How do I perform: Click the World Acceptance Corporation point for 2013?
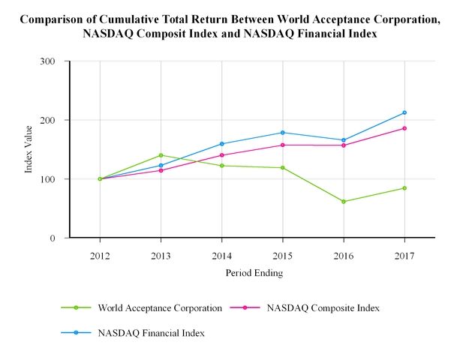(x=161, y=155)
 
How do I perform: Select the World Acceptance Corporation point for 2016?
(x=344, y=202)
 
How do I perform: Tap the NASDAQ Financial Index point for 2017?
(x=404, y=112)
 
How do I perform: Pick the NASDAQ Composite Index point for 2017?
(x=404, y=128)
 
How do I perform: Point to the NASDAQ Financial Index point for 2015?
(x=283, y=133)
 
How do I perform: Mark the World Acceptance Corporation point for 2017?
(x=404, y=188)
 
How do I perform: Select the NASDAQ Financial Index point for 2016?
(x=344, y=140)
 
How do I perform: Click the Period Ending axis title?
(x=254, y=274)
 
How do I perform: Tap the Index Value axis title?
(x=29, y=150)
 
